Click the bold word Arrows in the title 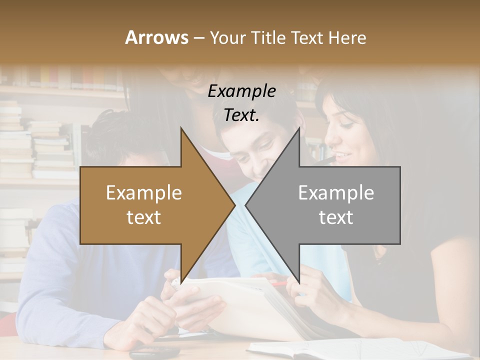pos(156,37)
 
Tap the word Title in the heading pos(268,37)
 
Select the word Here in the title pos(347,37)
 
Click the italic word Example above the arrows pos(241,91)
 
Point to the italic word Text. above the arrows pos(241,115)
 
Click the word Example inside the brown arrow pos(144,193)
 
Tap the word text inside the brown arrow pos(144,217)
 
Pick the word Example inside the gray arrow pos(336,193)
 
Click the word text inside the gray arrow pos(336,217)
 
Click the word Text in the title pos(308,37)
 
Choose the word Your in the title pos(226,37)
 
